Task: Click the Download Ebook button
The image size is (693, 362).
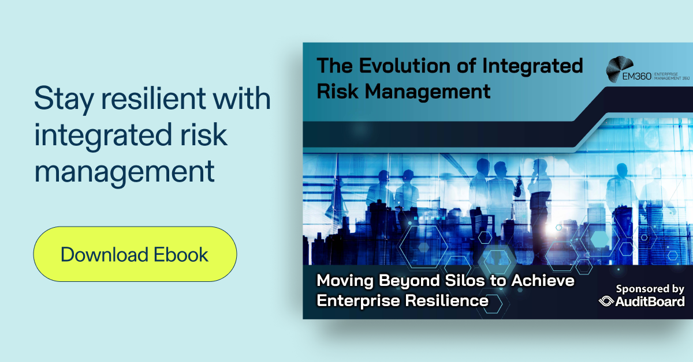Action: (x=135, y=254)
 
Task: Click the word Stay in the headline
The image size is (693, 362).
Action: (x=62, y=99)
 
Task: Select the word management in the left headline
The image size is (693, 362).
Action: (x=124, y=171)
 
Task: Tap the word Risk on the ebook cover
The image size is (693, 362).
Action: (x=337, y=90)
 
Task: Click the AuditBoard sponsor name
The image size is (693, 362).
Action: (x=651, y=301)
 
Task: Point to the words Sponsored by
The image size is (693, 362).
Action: (x=650, y=288)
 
